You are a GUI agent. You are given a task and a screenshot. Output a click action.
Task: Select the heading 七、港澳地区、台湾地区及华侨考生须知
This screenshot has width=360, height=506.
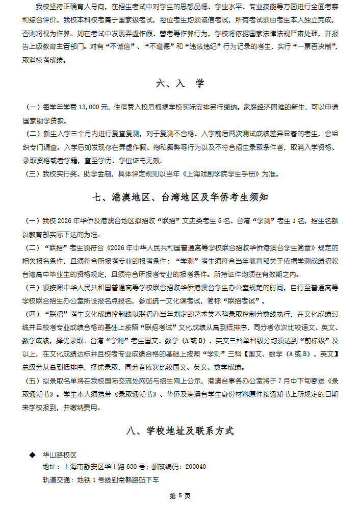[180, 197]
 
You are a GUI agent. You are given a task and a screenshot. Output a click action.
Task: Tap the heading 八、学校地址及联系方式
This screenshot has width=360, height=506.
[180, 431]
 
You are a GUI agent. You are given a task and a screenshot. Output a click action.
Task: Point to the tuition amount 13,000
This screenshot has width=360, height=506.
[92, 108]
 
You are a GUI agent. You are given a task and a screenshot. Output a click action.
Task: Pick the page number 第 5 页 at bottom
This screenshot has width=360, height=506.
[180, 495]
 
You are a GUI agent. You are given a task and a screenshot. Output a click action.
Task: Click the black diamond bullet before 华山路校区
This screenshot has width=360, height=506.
[32, 454]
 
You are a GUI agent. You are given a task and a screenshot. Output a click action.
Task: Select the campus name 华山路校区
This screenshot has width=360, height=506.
[60, 454]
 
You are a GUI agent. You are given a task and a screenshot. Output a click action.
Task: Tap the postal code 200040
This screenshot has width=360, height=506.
[196, 467]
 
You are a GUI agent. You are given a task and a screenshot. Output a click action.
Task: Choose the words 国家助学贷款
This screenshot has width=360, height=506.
[44, 121]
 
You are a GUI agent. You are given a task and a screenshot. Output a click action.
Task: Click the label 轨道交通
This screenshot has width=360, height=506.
[57, 480]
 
